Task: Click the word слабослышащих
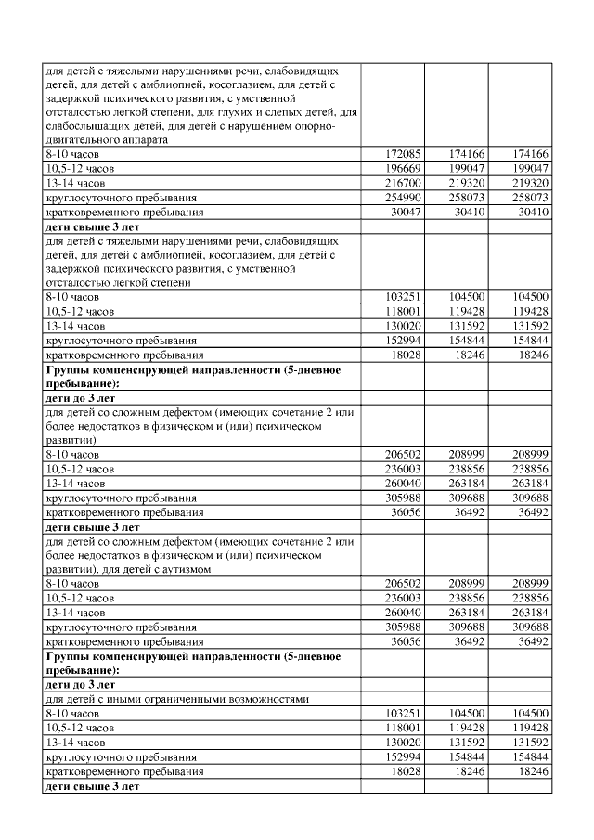[x=87, y=126]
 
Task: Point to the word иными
[x=121, y=698]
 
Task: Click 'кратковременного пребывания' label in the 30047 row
[x=124, y=213]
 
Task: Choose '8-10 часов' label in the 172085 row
[x=72, y=153]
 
